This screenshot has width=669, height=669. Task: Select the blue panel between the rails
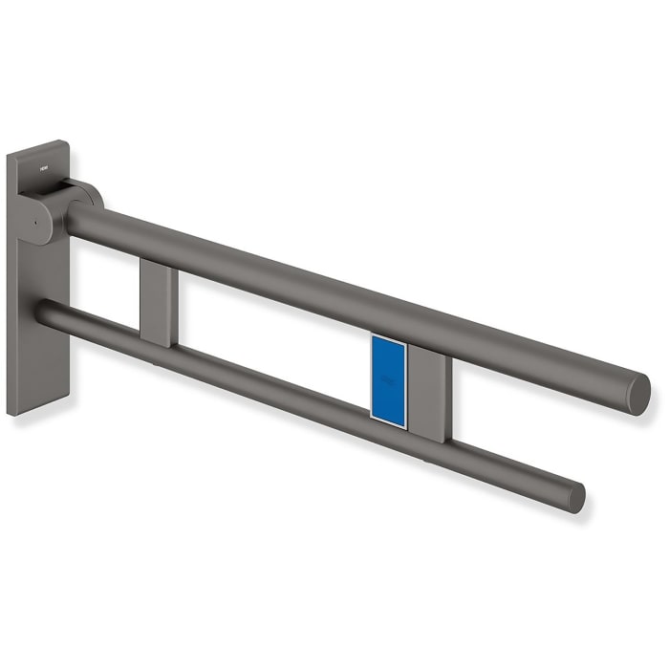(388, 378)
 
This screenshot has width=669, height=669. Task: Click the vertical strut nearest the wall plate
(157, 304)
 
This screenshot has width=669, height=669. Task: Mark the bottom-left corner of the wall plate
(12, 412)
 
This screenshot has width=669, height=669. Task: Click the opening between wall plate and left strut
(105, 277)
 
